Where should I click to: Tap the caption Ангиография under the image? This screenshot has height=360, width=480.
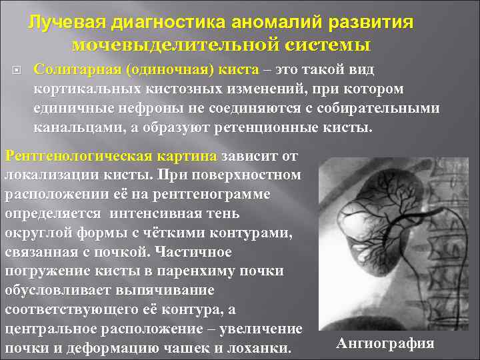click(x=385, y=343)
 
